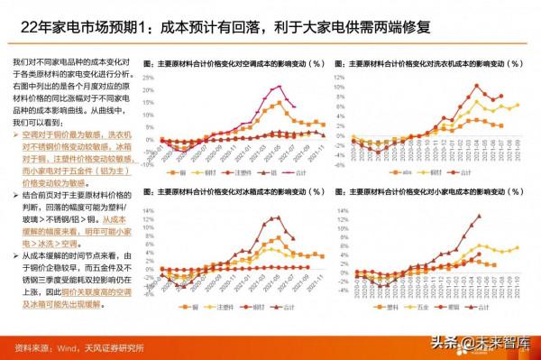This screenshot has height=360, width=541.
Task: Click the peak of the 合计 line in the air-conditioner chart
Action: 279,87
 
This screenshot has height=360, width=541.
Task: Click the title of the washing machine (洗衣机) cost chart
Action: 427,64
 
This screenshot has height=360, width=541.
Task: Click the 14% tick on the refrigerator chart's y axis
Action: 150,206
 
